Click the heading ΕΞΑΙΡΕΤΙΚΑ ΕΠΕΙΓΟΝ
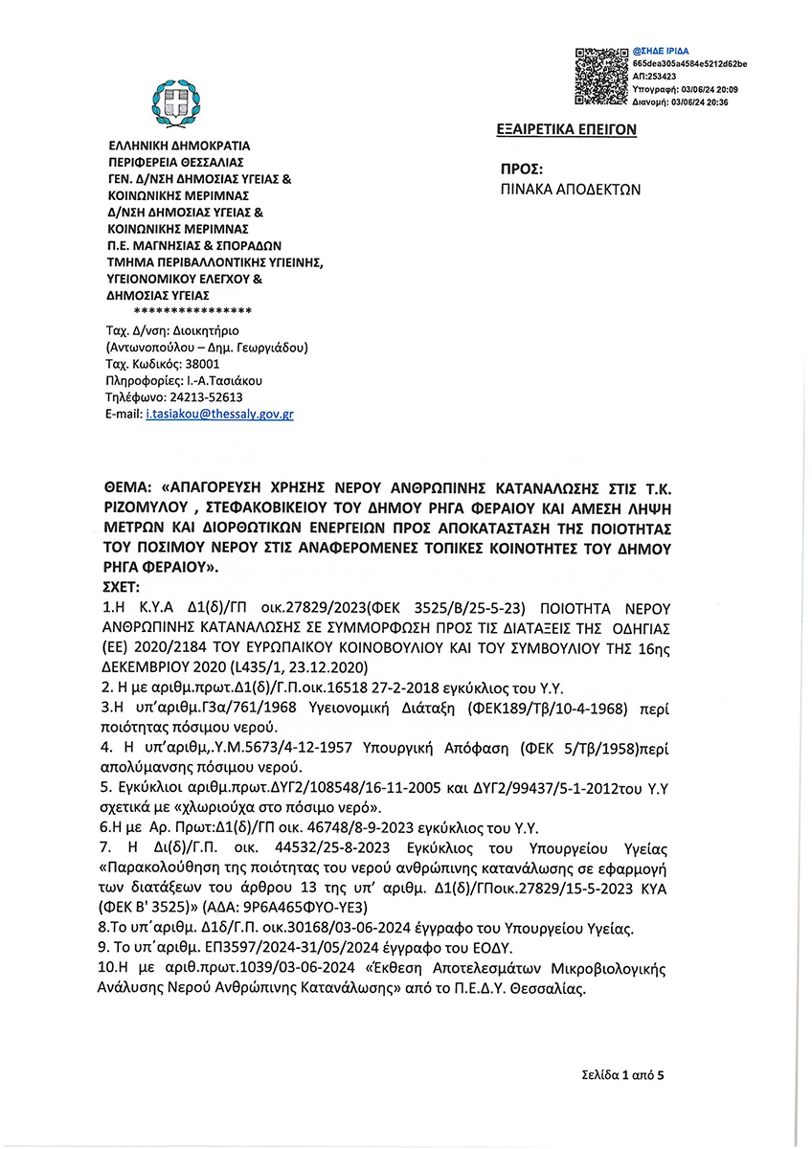(567, 129)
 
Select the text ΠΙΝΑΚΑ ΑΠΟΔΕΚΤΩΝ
(571, 189)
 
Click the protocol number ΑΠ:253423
(655, 76)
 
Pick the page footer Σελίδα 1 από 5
(621, 1075)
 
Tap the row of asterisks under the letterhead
(193, 312)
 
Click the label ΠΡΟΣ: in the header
(523, 167)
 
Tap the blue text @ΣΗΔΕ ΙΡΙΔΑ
(662, 50)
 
